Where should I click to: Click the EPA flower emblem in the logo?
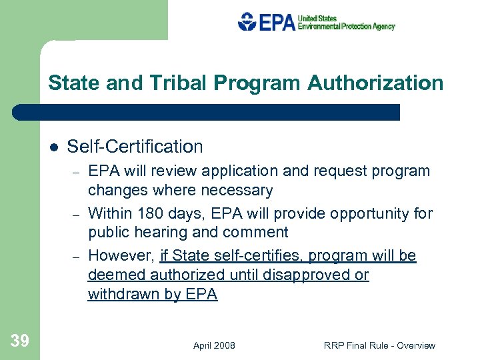tap(247, 22)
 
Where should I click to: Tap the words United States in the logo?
tap(317, 19)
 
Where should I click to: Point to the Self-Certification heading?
tap(135, 147)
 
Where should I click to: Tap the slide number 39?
tap(20, 341)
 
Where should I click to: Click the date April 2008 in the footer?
tap(214, 345)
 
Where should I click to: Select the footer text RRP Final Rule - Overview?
tap(379, 345)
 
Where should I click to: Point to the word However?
tap(121, 256)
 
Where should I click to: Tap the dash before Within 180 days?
tap(77, 215)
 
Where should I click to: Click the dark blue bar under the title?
tap(207, 112)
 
